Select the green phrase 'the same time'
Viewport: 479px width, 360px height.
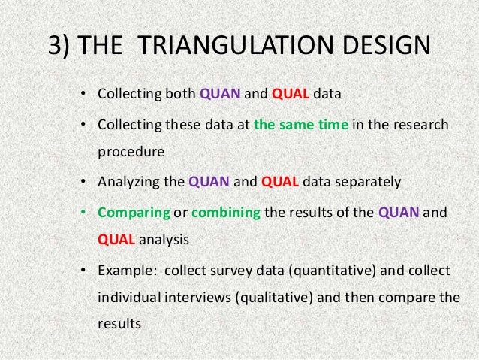tap(301, 125)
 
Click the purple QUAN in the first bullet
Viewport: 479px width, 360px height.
tap(219, 95)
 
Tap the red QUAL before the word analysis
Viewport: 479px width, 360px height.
tap(117, 241)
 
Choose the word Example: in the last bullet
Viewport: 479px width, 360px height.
tap(127, 270)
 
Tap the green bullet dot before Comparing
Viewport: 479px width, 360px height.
tap(85, 212)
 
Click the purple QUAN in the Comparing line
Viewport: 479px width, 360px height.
tap(400, 212)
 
